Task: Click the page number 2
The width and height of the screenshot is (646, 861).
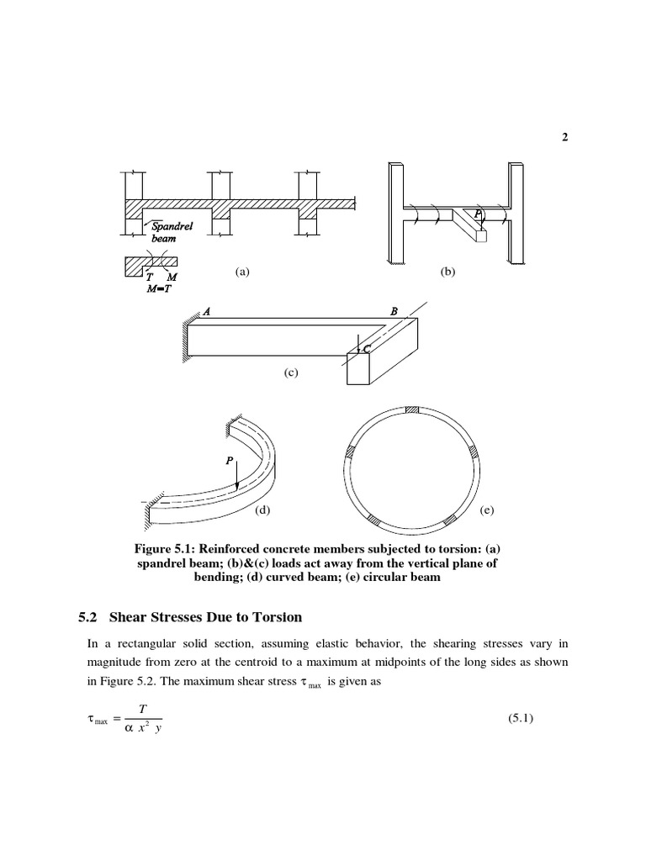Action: [564, 139]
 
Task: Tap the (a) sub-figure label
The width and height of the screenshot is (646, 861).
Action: [242, 272]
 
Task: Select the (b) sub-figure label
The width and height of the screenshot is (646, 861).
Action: [447, 272]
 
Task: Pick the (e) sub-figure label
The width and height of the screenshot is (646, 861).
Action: [487, 510]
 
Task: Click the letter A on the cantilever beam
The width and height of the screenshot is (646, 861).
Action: [206, 311]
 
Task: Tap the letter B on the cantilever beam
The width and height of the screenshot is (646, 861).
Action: [394, 311]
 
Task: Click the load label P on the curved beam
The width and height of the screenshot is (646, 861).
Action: [229, 461]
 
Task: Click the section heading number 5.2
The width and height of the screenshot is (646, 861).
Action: [87, 617]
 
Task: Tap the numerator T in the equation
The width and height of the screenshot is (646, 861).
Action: [141, 710]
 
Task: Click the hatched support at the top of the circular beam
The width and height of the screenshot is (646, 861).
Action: [411, 410]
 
